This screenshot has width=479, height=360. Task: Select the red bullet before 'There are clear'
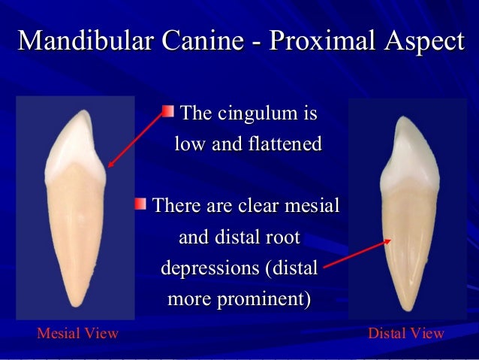(140, 204)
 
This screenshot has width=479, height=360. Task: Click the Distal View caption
(406, 333)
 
